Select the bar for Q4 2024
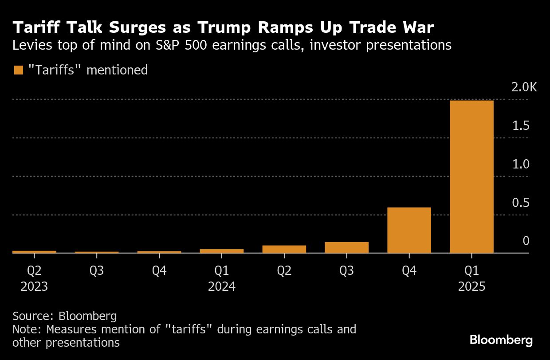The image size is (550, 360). (409, 230)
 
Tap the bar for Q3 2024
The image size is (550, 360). (346, 247)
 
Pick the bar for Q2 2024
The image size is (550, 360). (284, 249)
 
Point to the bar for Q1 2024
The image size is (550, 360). (221, 251)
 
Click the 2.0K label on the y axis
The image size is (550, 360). (524, 87)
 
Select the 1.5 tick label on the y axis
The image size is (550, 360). (521, 126)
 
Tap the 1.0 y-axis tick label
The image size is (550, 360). (521, 164)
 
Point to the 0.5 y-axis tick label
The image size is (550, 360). (521, 203)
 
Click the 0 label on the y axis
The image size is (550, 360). (526, 241)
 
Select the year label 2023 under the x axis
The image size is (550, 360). (34, 286)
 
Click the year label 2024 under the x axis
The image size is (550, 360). (221, 286)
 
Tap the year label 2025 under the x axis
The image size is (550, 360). (471, 286)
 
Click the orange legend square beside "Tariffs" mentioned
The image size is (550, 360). (19, 70)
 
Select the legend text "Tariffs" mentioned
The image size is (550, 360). (88, 70)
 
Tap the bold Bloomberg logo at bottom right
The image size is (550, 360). (501, 340)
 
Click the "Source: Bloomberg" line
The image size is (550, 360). (65, 316)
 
